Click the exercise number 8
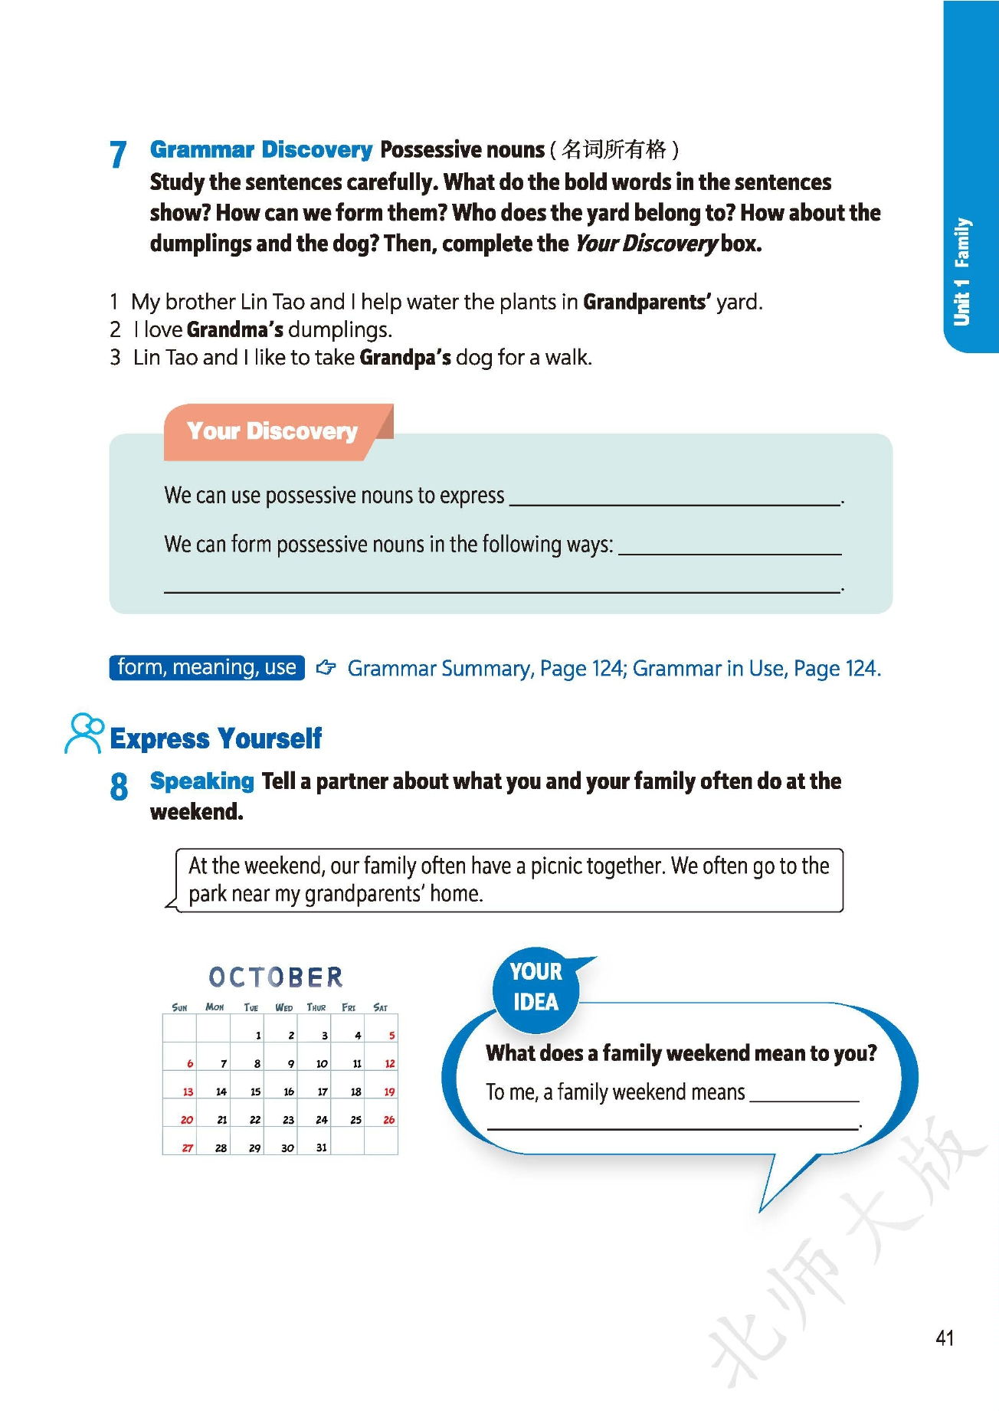[119, 787]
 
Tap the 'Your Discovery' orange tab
[272, 431]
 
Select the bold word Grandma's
[235, 330]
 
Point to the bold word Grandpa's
[405, 358]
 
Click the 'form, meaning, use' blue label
[207, 667]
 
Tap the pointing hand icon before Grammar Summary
[326, 668]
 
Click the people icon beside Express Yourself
[84, 733]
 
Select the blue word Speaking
[201, 781]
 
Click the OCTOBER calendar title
[276, 977]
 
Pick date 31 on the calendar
[322, 1147]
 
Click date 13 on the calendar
[188, 1092]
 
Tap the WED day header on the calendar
[283, 1007]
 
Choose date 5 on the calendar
[391, 1036]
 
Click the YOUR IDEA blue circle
[536, 987]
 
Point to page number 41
[945, 1337]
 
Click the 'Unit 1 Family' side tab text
[961, 272]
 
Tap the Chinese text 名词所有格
[614, 149]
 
